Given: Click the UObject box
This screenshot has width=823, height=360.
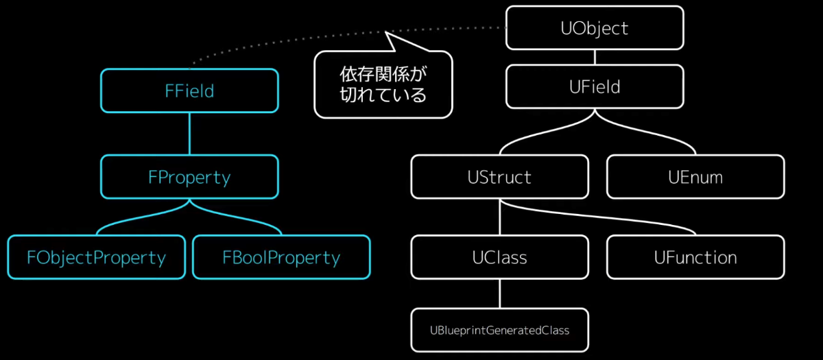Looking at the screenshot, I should [x=595, y=28].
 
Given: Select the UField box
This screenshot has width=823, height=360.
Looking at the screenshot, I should [x=595, y=87].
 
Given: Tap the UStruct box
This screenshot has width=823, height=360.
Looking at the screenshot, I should [x=499, y=177].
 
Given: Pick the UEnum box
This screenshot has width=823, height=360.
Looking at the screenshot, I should [x=695, y=177].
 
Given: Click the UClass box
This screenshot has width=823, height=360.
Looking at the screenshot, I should [x=499, y=257].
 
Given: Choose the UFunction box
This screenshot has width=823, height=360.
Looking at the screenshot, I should [x=695, y=257].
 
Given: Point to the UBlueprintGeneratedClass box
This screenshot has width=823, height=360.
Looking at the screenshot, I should [x=499, y=330].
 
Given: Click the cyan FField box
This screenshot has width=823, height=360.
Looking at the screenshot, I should [x=189, y=91].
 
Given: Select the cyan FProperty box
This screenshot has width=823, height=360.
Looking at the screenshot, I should [x=189, y=177].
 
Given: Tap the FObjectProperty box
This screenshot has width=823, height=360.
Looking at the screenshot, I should [x=96, y=257].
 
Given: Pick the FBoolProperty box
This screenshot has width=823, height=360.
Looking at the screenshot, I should [x=281, y=257].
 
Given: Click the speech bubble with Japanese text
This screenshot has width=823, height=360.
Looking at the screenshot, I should [x=383, y=85].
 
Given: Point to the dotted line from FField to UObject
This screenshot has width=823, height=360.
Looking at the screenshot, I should [x=288, y=40].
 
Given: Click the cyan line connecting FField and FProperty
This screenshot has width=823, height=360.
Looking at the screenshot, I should [x=189, y=134].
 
